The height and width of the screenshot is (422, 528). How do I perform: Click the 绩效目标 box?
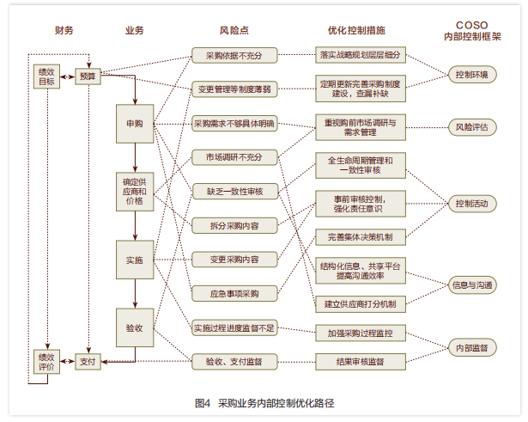pyautogui.click(x=46, y=76)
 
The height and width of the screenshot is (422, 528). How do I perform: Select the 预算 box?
pyautogui.click(x=88, y=76)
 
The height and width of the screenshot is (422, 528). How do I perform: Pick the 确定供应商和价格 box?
pyautogui.click(x=135, y=192)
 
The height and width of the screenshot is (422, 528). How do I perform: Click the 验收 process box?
pyautogui.click(x=135, y=327)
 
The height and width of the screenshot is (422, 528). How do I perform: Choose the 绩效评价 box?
pyautogui.click(x=46, y=360)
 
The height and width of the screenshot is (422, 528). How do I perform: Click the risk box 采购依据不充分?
pyautogui.click(x=234, y=56)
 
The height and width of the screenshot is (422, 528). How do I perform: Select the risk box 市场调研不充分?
pyautogui.click(x=234, y=157)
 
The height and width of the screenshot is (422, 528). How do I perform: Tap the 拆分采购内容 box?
pyautogui.click(x=234, y=225)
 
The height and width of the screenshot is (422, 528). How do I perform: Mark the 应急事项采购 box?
pyautogui.click(x=234, y=292)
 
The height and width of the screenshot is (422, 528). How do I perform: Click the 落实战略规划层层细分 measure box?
pyautogui.click(x=360, y=56)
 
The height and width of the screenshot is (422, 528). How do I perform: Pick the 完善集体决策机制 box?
pyautogui.click(x=360, y=235)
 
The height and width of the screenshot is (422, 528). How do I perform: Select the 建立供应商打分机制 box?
pyautogui.click(x=360, y=303)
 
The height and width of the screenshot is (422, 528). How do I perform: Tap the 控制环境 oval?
pyautogui.click(x=471, y=75)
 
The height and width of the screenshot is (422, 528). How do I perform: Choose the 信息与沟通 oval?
pyautogui.click(x=471, y=284)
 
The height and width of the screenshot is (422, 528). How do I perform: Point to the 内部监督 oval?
pyautogui.click(x=471, y=347)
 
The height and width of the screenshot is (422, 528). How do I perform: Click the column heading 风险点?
pyautogui.click(x=234, y=31)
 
